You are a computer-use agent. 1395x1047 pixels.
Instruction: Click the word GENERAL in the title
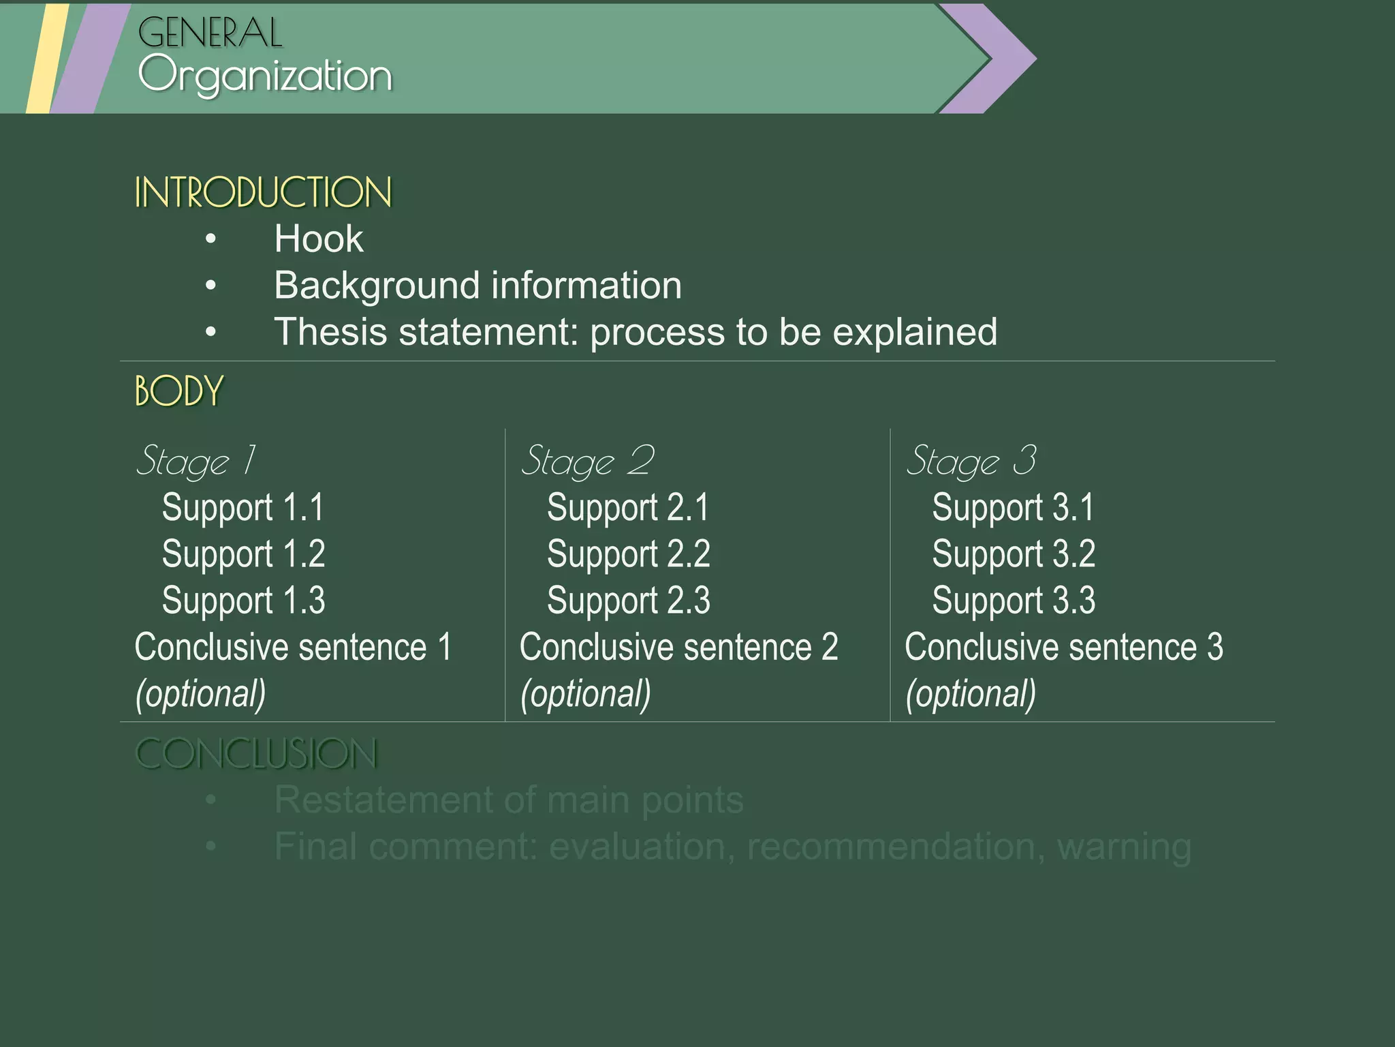(210, 33)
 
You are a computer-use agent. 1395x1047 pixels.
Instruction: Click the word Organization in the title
(265, 75)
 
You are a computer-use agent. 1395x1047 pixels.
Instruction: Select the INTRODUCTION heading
(263, 192)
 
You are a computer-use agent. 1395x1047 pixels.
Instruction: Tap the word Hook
(318, 239)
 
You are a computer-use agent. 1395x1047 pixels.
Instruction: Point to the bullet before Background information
(211, 286)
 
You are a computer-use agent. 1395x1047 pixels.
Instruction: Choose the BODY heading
(179, 391)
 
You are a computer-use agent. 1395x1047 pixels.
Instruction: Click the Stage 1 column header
(196, 461)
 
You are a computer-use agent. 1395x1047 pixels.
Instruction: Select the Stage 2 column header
(587, 461)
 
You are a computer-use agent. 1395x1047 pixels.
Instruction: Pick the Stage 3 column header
(971, 461)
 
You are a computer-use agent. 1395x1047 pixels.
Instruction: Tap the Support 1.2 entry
(243, 553)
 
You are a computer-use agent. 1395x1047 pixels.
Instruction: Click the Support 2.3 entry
(628, 601)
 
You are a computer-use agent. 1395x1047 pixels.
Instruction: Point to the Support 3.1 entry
(1013, 508)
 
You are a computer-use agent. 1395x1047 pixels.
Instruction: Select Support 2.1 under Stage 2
(628, 508)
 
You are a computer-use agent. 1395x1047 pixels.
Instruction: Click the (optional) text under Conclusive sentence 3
(971, 694)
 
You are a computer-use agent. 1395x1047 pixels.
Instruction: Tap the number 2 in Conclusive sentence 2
(830, 647)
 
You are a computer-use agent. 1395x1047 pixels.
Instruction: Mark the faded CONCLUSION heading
(256, 754)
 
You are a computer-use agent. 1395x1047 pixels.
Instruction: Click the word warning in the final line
(1124, 847)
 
